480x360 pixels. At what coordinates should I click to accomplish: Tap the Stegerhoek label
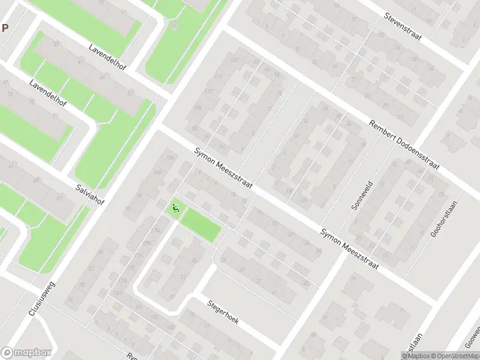coord(223,312)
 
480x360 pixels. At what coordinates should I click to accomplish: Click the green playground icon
coord(176,209)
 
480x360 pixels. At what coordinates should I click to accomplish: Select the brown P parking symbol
coord(5,28)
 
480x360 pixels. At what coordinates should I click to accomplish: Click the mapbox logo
coord(26,353)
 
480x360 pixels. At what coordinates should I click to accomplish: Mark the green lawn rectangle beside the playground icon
coord(201,225)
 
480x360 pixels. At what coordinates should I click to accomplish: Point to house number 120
coord(234,59)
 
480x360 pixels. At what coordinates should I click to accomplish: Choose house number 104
coord(171,157)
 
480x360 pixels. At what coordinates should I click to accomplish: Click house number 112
coord(209,91)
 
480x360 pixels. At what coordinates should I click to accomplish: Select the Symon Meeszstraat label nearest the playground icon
coord(223,169)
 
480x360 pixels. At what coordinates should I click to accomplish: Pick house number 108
coord(197,107)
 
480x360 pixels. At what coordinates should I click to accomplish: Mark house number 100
coord(158,172)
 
